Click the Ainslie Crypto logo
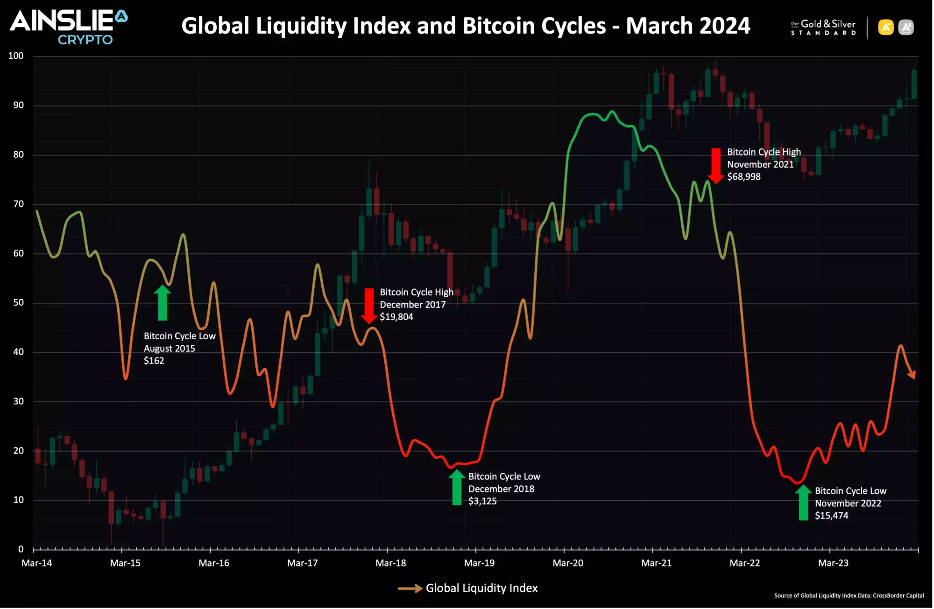click(x=69, y=27)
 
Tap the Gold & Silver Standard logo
click(x=823, y=28)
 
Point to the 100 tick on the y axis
click(x=16, y=56)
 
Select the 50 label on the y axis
click(x=18, y=303)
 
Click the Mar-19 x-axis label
click(x=479, y=563)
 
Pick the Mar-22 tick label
click(x=744, y=563)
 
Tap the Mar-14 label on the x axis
click(x=36, y=563)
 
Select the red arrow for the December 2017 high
click(x=369, y=306)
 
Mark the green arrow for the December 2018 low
click(x=457, y=487)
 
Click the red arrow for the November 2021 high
click(x=715, y=165)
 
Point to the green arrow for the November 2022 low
click(x=803, y=503)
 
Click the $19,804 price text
click(x=396, y=317)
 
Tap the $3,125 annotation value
click(x=482, y=501)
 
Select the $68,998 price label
click(x=744, y=177)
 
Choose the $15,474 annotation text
click(x=832, y=516)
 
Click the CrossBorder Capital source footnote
click(x=849, y=596)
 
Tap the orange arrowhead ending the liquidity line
click(x=912, y=375)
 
